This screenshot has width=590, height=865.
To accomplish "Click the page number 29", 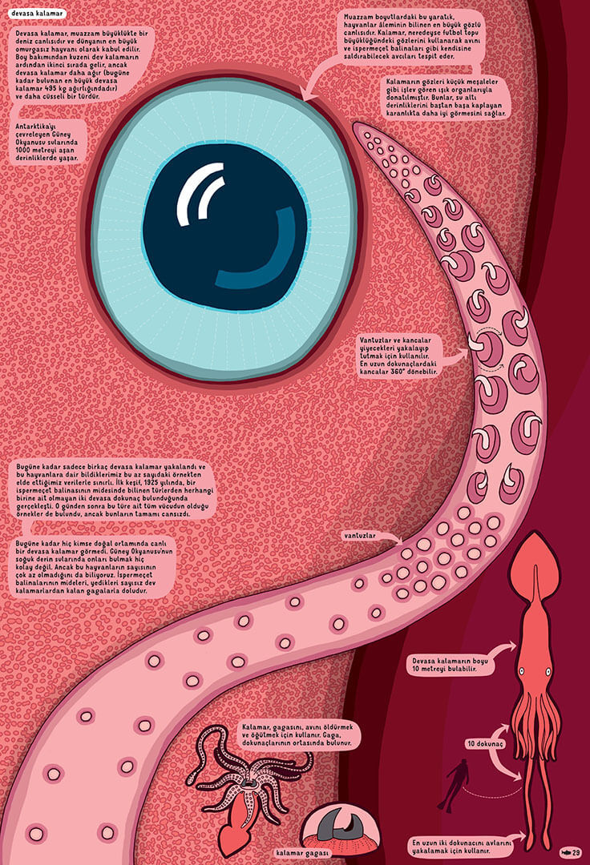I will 570,851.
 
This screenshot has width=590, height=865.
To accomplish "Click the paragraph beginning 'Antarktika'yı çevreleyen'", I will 50,143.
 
